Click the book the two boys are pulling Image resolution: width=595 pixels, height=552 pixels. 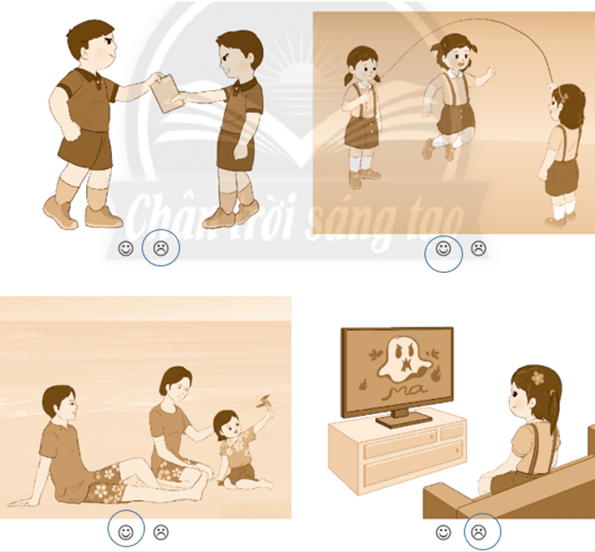[x=166, y=93]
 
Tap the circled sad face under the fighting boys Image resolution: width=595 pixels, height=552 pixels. [x=160, y=248]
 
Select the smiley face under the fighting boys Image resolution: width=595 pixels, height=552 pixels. [x=125, y=248]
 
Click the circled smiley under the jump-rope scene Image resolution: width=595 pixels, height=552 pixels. [x=443, y=248]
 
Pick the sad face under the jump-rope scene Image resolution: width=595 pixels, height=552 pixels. [x=479, y=248]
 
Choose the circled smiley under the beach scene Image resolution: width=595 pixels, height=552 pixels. [x=125, y=532]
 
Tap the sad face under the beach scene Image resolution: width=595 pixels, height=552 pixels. [x=160, y=532]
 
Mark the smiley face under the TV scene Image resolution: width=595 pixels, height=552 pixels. [x=443, y=532]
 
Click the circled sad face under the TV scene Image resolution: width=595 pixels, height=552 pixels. [x=479, y=532]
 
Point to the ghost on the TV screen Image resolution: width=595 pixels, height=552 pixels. [x=405, y=359]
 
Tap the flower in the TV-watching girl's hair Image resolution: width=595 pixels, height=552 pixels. [x=538, y=378]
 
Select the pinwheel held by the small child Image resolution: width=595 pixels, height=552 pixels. [x=264, y=402]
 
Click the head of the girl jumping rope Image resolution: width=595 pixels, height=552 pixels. [x=455, y=52]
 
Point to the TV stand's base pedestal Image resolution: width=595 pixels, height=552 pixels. [x=404, y=418]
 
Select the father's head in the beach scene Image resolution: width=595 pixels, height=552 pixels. [x=59, y=404]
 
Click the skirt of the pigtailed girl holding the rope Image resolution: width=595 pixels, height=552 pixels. [x=362, y=132]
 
